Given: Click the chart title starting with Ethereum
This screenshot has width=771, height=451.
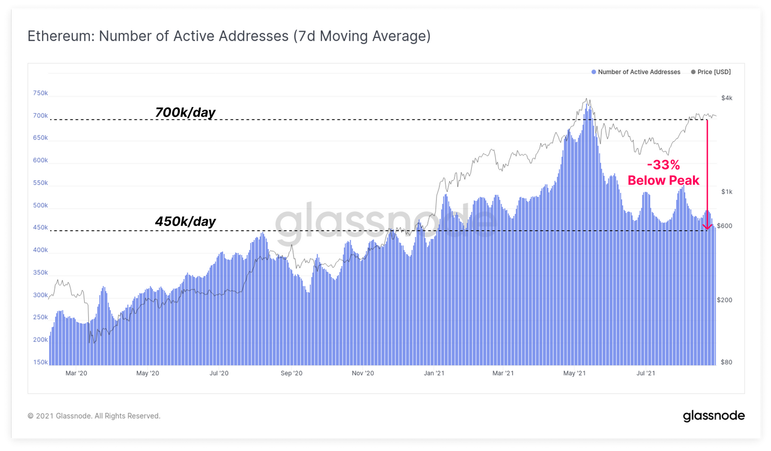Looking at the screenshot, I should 229,36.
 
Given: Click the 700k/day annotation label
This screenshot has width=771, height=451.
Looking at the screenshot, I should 185,112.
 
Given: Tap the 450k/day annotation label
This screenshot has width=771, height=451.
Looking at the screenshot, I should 185,221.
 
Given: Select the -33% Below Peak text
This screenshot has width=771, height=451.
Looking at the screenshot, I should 663,172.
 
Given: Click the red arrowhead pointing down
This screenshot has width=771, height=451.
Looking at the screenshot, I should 707,226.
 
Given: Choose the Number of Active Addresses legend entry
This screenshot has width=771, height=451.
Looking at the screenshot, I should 636,72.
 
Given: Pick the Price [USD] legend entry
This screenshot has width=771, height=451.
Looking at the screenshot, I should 711,72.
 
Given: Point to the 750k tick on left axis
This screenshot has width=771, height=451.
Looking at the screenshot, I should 40,93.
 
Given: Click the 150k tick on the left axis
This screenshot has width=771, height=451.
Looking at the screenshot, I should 40,362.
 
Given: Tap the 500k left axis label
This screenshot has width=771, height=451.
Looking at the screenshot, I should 40,205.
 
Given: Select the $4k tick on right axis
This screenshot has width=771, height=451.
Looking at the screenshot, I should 727,98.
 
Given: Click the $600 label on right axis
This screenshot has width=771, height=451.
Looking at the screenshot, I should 724,225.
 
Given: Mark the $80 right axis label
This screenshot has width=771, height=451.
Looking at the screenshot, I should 726,362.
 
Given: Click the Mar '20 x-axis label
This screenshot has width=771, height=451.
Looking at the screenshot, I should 76,373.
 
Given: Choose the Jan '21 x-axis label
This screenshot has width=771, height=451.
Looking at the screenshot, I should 434,373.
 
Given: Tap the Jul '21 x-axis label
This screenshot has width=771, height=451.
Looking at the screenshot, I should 646,373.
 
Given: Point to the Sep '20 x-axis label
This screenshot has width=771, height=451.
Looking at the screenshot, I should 292,373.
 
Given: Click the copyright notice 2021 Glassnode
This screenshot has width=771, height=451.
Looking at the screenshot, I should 94,416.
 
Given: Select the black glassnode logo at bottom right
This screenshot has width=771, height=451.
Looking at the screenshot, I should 714,416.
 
